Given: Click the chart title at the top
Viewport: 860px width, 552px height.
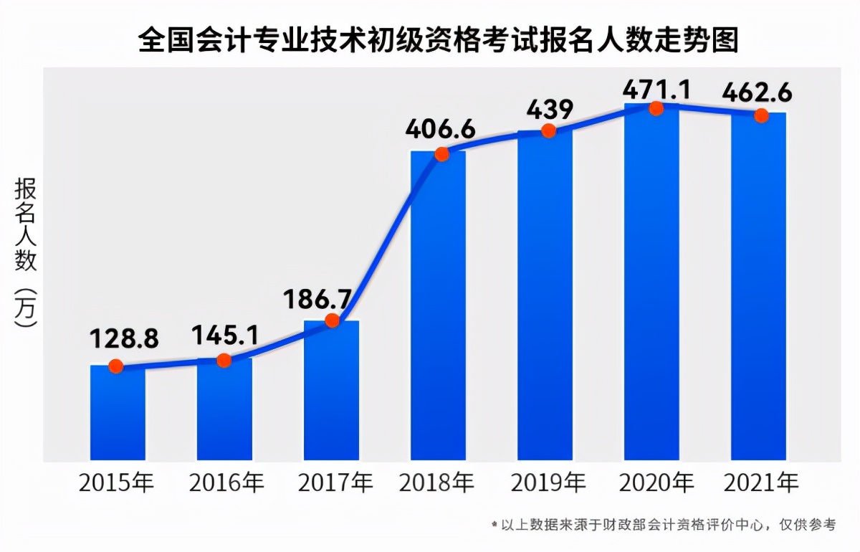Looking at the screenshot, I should click(438, 40).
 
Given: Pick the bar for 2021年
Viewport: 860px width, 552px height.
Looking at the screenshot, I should click(758, 287).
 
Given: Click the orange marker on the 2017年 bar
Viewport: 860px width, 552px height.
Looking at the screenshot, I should click(332, 320).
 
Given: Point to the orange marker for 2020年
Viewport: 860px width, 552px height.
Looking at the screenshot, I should click(655, 108).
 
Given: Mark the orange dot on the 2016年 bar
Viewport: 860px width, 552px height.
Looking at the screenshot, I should click(224, 360).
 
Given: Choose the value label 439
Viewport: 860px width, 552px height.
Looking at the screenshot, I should click(550, 110).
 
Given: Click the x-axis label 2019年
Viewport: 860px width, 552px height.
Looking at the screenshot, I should click(548, 482).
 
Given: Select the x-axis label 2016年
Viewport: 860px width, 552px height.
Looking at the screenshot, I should click(226, 482).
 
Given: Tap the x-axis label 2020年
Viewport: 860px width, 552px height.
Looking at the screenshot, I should click(655, 482).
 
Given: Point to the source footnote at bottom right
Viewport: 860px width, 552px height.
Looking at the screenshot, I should click(664, 525).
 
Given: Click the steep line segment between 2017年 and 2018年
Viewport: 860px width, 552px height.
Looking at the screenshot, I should click(387, 237).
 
